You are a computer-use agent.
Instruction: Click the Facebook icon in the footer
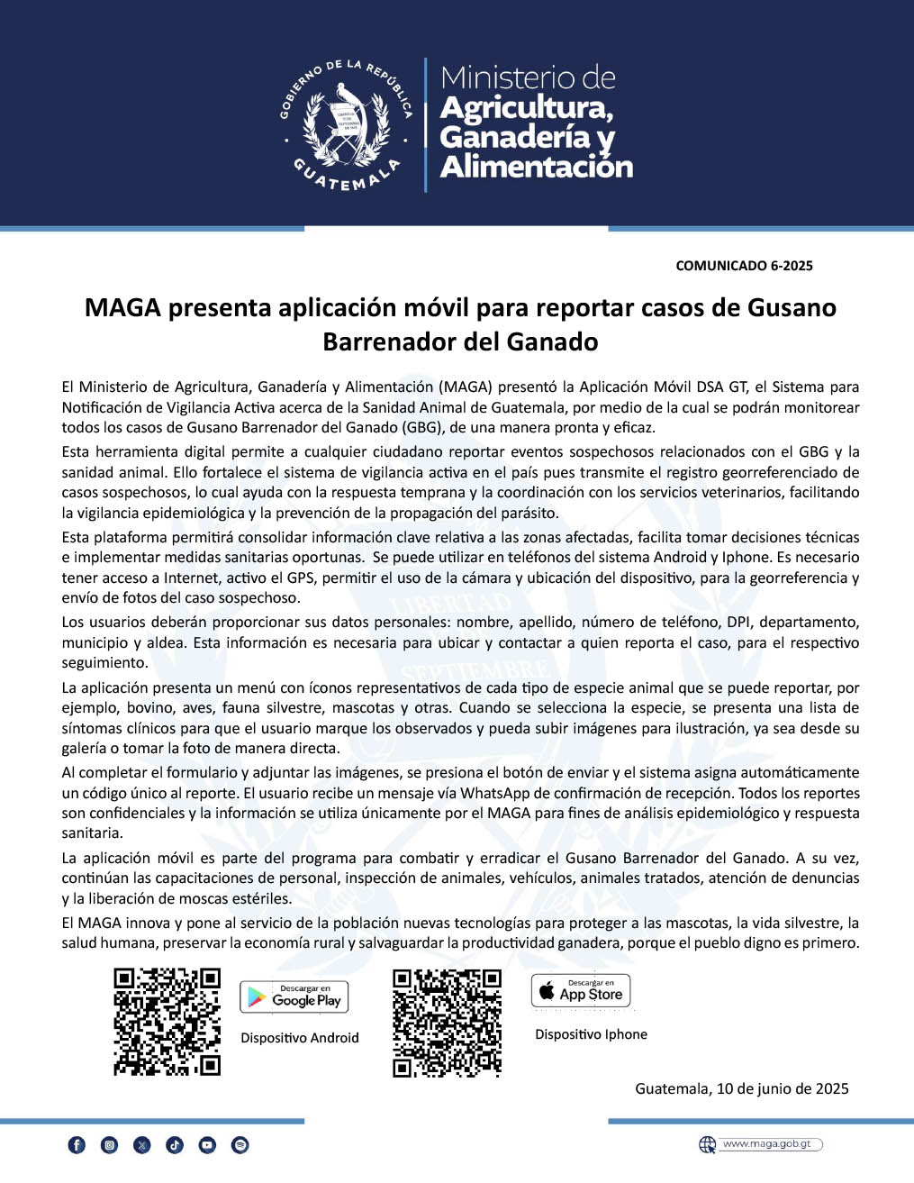(x=77, y=1145)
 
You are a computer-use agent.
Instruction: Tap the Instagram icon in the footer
(x=110, y=1145)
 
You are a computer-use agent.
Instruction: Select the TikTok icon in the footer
(x=175, y=1145)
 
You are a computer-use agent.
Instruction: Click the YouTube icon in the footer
(x=207, y=1145)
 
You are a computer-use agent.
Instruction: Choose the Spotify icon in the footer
(x=240, y=1145)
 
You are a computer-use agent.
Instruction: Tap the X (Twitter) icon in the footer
(x=142, y=1145)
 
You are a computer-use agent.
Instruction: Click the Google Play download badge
(x=294, y=996)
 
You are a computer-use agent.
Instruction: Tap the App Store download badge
(x=581, y=991)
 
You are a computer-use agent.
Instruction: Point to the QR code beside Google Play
(x=167, y=1022)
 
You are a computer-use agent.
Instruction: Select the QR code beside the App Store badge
(x=447, y=1023)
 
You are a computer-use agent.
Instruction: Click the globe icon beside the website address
(x=708, y=1144)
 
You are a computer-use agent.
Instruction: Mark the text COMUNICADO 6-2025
(x=744, y=266)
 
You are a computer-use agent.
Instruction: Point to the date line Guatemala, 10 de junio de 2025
(x=742, y=1088)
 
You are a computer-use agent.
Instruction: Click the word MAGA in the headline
(x=122, y=308)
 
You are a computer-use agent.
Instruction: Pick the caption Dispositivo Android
(x=300, y=1038)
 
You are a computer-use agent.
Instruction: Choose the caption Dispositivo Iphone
(x=591, y=1034)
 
